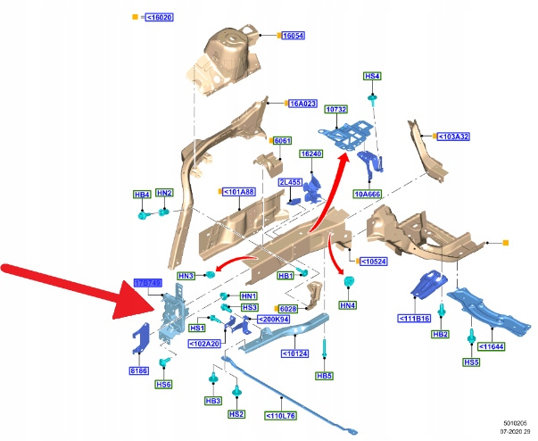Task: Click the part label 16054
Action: [293, 36]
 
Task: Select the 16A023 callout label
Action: [302, 104]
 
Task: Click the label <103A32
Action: [453, 137]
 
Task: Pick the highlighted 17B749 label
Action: [147, 282]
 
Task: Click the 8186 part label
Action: [139, 368]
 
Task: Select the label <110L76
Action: [280, 415]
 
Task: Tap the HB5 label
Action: [325, 376]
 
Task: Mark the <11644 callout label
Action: [492, 346]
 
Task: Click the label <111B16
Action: [414, 318]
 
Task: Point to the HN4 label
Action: [347, 305]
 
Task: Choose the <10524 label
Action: [374, 262]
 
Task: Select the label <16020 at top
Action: [156, 17]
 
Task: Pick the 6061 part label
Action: [283, 142]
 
